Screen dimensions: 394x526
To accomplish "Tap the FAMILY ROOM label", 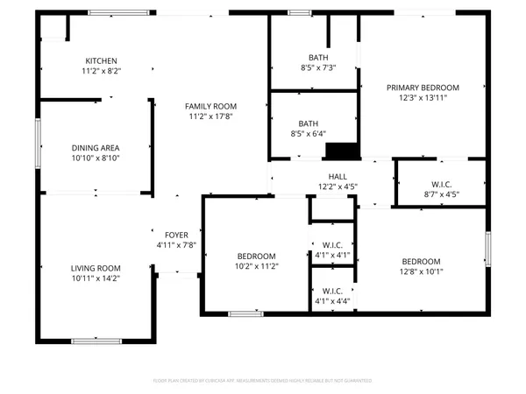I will tap(209, 105).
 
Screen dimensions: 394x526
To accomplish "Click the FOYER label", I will tap(176, 235).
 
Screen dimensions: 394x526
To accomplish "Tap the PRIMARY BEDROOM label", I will tap(423, 88).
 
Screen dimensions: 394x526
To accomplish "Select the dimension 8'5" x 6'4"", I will tap(309, 134).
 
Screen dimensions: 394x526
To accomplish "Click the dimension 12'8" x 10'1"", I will tap(421, 271).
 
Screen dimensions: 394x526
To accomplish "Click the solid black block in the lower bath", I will tap(339, 151).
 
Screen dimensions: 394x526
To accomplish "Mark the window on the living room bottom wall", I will tap(96, 341).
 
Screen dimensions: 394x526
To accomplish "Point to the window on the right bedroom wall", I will tap(487, 249).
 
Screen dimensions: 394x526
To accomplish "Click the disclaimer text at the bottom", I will tap(263, 381).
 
